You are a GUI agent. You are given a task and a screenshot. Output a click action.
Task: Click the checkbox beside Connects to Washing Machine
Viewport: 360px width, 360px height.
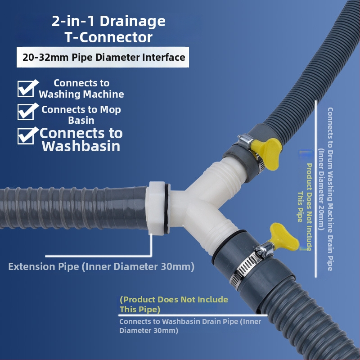click(26, 89)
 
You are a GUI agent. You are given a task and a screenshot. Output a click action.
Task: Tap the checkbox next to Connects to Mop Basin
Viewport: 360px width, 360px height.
click(26, 112)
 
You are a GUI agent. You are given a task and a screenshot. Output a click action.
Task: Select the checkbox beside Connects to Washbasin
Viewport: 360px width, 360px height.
click(26, 136)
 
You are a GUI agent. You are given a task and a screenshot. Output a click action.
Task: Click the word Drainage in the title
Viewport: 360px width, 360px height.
click(132, 21)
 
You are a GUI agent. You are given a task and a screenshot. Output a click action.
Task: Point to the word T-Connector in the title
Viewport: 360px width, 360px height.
click(108, 37)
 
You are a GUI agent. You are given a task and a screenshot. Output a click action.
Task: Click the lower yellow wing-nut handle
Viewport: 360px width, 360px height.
click(284, 237)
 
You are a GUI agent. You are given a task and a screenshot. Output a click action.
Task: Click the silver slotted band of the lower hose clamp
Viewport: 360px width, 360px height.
click(244, 270)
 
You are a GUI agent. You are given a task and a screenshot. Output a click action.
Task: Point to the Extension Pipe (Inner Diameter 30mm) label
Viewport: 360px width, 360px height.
click(101, 266)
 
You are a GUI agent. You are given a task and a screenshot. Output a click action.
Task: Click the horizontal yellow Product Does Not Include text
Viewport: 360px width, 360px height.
click(174, 305)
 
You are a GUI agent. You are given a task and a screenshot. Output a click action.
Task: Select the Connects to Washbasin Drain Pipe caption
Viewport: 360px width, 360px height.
click(190, 326)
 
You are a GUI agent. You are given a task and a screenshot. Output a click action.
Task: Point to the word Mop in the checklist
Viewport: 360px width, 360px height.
click(110, 110)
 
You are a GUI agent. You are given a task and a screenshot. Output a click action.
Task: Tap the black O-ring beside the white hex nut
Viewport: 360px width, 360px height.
click(167, 209)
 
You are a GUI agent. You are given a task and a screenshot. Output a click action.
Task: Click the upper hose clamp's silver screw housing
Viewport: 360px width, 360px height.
click(245, 140)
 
